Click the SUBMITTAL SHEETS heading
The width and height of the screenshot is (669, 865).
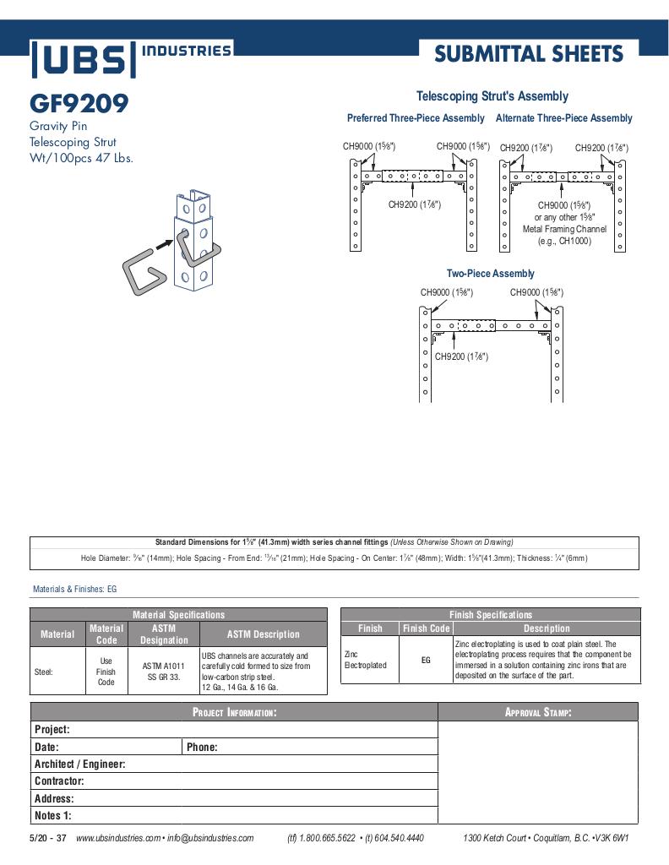click(529, 55)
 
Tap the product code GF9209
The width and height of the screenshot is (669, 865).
click(79, 104)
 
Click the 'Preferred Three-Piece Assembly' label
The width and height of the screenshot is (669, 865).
click(416, 118)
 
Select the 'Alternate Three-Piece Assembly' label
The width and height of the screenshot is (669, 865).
click(563, 118)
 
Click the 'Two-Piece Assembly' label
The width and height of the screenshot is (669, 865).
click(490, 274)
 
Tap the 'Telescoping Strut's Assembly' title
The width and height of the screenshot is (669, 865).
click(492, 96)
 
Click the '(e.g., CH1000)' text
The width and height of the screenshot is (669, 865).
click(564, 241)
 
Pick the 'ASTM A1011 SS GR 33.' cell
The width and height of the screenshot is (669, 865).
click(164, 672)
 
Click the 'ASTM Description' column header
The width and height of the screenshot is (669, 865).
click(263, 634)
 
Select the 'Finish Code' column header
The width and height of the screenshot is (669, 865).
click(427, 628)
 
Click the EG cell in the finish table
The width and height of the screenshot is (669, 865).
click(426, 660)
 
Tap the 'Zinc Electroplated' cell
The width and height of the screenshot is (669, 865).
click(365, 660)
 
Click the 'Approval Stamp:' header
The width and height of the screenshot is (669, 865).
click(538, 712)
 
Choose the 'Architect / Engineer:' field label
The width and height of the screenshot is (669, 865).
click(79, 764)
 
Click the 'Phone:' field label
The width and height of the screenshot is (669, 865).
click(202, 747)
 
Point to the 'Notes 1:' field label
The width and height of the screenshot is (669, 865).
click(52, 815)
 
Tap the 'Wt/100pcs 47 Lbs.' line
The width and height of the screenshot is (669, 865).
click(81, 158)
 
